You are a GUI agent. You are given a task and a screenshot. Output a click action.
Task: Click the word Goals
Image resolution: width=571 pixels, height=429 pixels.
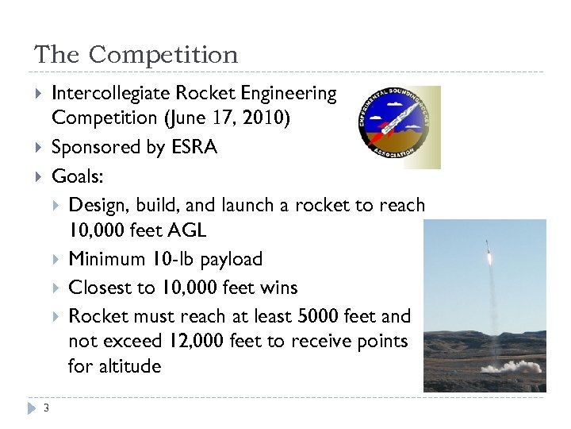coord(75,175)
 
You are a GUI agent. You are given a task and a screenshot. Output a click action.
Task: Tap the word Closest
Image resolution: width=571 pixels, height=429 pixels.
coord(98,288)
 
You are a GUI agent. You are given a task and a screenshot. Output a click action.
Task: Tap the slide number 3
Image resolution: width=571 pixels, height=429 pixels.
coord(47,408)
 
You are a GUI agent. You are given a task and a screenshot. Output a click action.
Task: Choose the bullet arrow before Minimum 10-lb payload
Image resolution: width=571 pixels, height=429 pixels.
coord(56,259)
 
